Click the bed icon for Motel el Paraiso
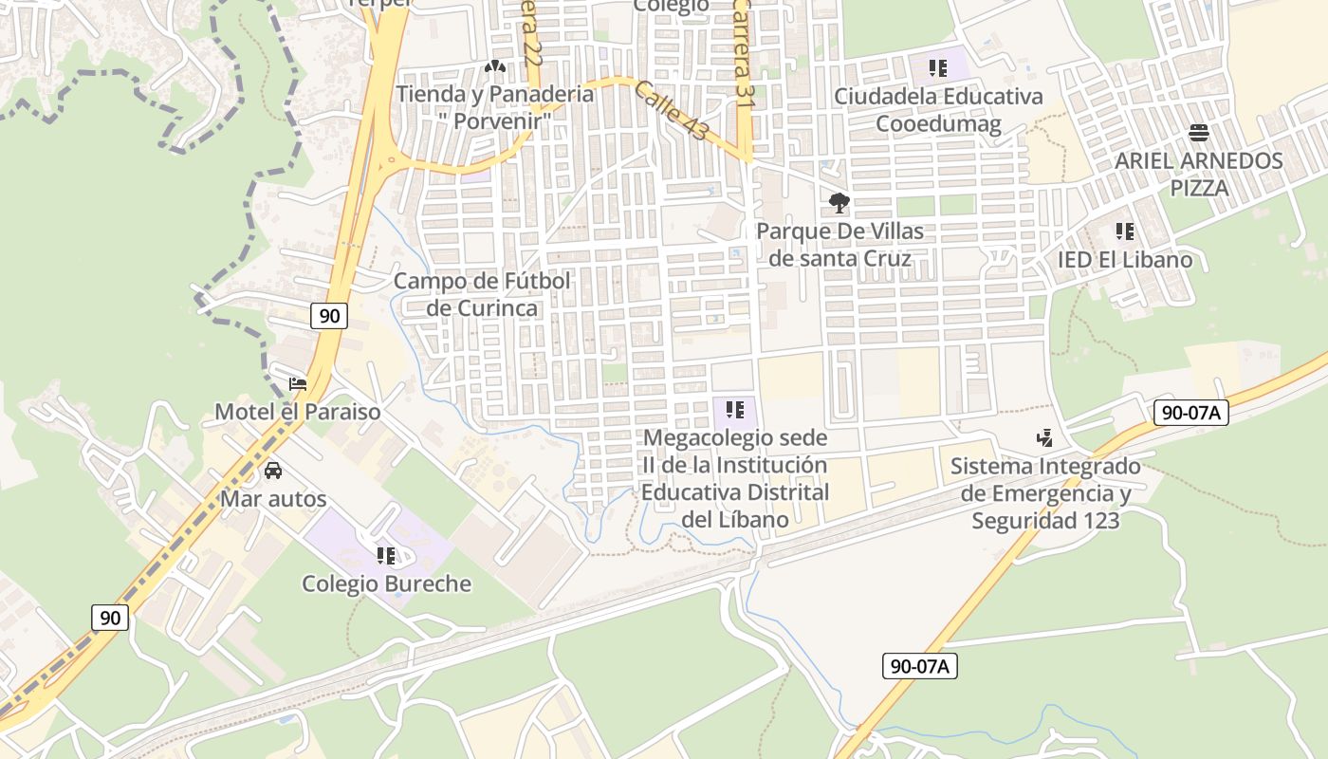298,384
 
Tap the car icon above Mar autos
273,471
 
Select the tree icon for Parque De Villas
839,202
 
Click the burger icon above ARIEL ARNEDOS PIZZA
1199,132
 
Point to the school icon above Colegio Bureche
385,555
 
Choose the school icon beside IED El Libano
1125,231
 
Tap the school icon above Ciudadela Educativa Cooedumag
938,68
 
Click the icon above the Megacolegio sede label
735,410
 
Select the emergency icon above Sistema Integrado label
1044,438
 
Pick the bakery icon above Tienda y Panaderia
494,67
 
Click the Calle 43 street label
671,110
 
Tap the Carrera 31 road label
745,52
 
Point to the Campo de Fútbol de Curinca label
482,294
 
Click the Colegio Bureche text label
386,583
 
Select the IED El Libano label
1125,260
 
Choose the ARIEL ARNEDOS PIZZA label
1198,174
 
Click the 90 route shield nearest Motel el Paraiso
328,316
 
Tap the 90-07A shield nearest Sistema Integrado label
1190,413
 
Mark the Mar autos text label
273,499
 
